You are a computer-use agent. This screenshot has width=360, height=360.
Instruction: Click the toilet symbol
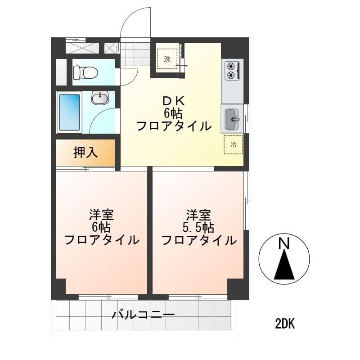pos(85,72)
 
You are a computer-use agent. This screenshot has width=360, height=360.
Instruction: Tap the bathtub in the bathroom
pos(69,112)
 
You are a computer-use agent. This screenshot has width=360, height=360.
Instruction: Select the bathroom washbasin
pos(100,98)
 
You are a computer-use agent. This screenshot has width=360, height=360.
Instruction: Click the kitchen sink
pos(232,119)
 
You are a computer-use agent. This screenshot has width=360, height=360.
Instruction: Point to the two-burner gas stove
pos(233,71)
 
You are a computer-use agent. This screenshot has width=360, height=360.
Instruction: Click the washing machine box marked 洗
pos(167,59)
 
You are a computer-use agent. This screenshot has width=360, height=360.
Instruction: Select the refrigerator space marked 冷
pos(233,144)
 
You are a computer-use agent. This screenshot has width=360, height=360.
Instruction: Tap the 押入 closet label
pos(85,152)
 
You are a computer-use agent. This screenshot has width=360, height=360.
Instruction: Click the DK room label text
pos(174,101)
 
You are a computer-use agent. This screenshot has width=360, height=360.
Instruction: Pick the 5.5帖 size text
pos(198,228)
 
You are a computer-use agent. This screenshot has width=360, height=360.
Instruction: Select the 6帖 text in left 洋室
pos(101,228)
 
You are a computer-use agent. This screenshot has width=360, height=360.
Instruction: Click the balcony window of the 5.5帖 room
pos(198,297)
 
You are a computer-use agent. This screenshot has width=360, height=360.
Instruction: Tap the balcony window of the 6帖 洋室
pos(108,297)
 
